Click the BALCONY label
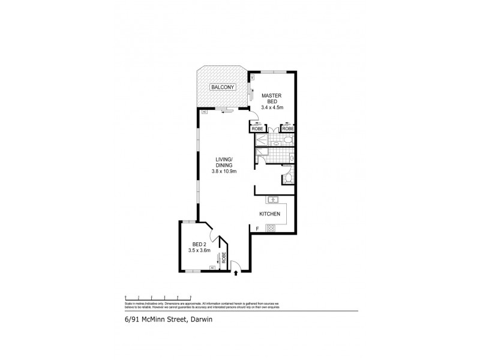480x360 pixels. point(219,88)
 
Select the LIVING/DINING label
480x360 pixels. point(225,162)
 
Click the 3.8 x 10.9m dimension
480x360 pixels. point(225,172)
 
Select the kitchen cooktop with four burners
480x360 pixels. point(271,228)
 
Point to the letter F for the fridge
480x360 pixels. point(257,229)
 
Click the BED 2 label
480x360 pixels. point(199,244)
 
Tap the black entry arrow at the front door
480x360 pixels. point(236,272)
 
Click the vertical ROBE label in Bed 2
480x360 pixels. point(224,259)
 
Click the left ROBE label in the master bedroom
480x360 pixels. point(257,129)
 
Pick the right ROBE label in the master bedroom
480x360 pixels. point(288,129)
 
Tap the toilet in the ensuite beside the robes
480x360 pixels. point(288,141)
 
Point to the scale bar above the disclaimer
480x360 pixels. point(157,298)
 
